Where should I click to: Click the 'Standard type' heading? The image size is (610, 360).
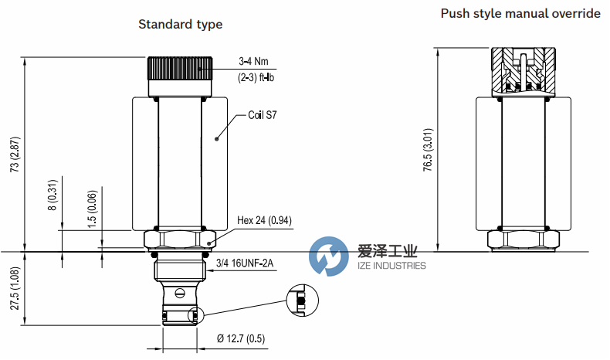click(x=180, y=24)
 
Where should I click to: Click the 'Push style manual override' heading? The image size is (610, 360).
click(x=520, y=13)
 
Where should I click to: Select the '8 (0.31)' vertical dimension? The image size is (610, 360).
click(x=53, y=195)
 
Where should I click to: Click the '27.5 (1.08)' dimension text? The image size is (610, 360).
click(x=13, y=288)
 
